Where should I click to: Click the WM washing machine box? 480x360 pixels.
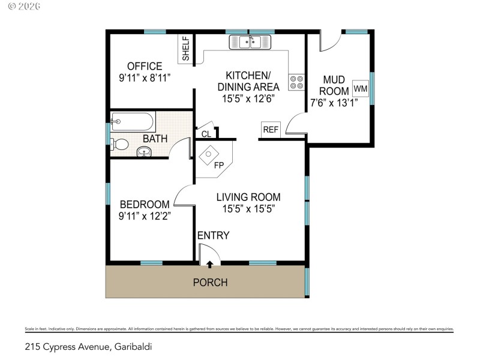361,89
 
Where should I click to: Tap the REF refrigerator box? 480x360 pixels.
271,130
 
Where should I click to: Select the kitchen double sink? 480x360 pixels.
250,42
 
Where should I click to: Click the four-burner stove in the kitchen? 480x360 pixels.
296,82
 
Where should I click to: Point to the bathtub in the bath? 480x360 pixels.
133,122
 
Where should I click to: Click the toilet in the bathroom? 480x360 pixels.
120,144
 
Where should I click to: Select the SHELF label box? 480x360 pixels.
186,49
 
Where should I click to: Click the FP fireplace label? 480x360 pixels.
219,164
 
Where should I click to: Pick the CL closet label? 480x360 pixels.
206,134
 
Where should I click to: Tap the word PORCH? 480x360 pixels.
210,282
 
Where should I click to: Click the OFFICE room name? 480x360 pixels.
144,66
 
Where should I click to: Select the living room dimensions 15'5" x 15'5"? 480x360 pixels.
248,209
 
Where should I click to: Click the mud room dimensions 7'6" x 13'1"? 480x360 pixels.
334,103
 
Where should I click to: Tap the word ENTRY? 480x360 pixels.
214,236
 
